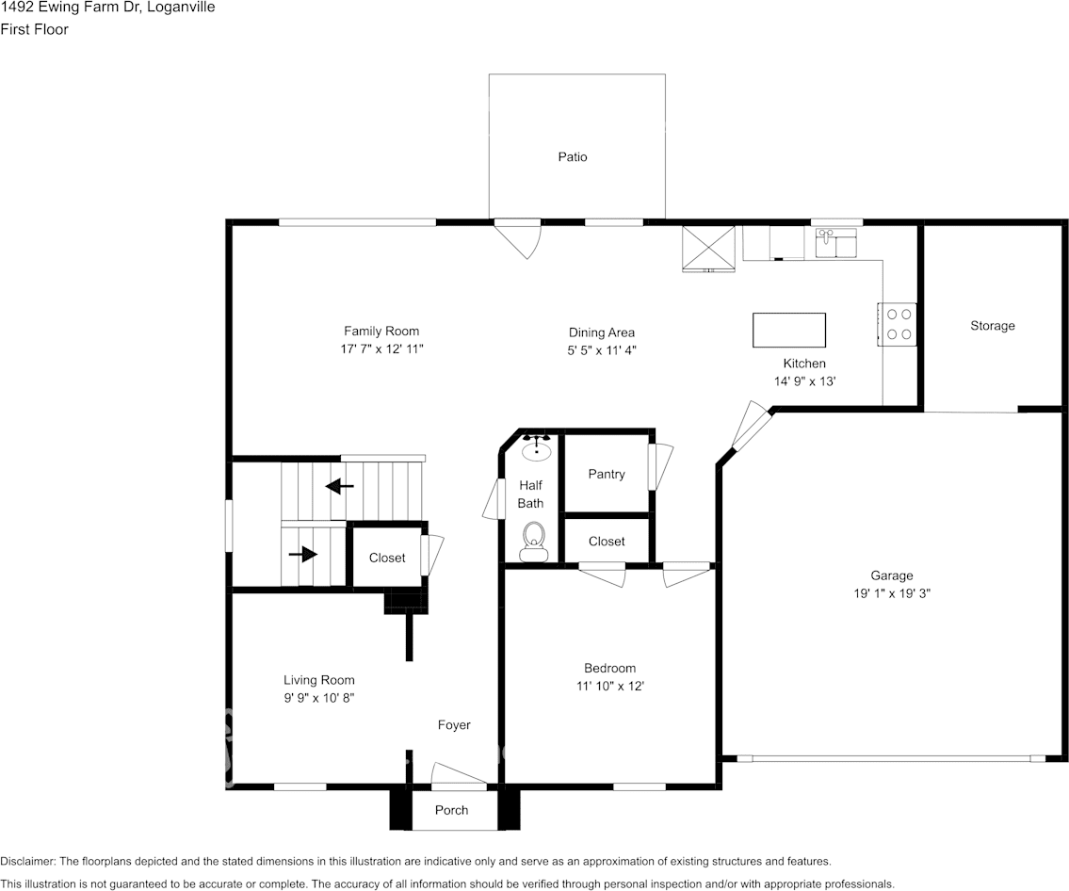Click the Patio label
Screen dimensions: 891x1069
[x=573, y=157]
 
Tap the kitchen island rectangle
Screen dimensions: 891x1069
[x=789, y=331]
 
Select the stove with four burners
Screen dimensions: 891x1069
[x=899, y=323]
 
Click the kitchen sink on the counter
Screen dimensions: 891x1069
[x=836, y=242]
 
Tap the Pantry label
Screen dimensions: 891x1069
[x=607, y=474]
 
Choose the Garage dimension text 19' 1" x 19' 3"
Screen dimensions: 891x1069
[x=891, y=593]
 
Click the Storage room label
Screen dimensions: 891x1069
[x=993, y=326]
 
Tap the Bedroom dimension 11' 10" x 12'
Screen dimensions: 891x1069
[x=609, y=687]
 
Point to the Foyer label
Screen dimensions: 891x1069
[x=454, y=725]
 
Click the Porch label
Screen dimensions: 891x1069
[x=452, y=810]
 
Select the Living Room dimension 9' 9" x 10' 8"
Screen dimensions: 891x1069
[x=319, y=698]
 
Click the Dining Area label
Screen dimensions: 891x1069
[x=602, y=332]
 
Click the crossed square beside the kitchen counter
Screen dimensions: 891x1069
[x=709, y=248]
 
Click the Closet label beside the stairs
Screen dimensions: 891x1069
[x=387, y=558]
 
